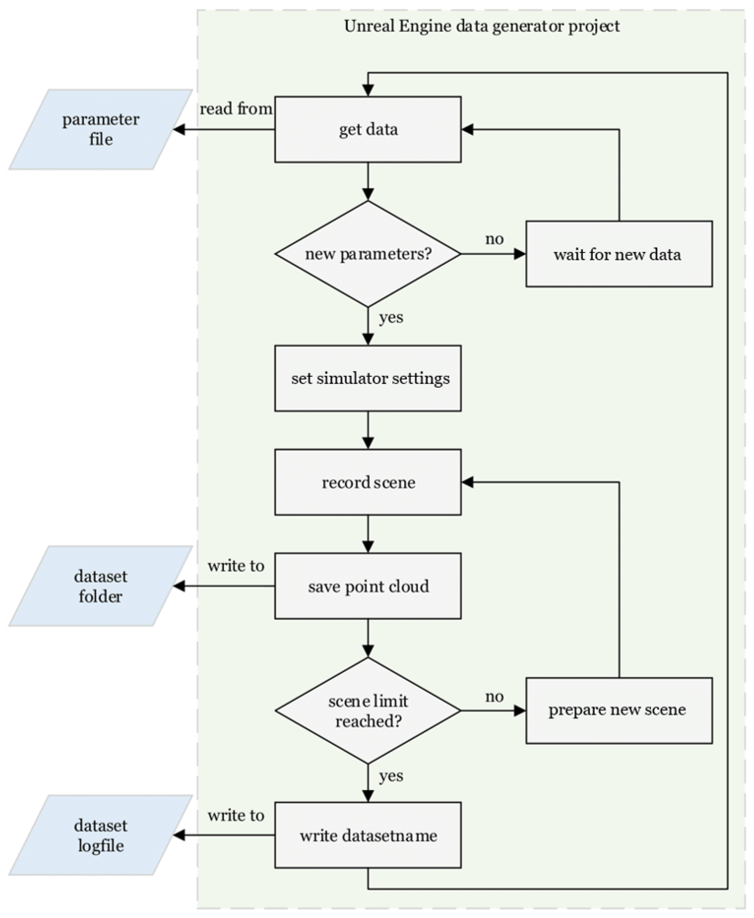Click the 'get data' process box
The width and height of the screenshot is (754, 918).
coord(368,129)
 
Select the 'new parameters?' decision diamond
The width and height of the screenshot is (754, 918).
coord(368,254)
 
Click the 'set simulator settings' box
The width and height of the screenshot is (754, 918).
coord(368,378)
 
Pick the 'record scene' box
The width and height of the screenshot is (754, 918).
coord(368,482)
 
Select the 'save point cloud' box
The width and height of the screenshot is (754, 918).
coord(368,586)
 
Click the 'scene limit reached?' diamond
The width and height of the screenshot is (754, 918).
coord(368,711)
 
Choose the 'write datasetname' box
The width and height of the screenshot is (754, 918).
coord(368,835)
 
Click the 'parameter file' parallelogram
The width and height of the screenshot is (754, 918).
coord(101,129)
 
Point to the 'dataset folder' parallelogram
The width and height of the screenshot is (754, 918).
coord(101,586)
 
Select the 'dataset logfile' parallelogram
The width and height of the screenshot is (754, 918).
coord(101,835)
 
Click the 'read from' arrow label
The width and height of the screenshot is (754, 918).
coord(236,109)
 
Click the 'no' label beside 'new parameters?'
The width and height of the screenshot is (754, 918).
coord(494,239)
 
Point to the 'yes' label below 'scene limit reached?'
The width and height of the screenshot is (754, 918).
coord(391,776)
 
